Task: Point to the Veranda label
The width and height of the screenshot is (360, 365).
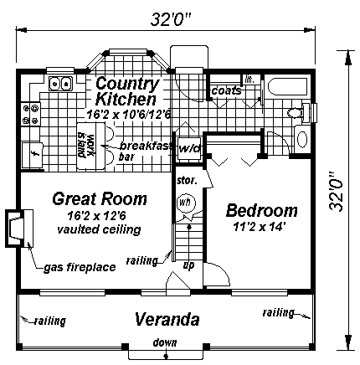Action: point(168,320)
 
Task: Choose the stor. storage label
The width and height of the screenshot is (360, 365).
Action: point(185,179)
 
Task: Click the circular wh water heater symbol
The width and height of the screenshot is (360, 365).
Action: point(187,203)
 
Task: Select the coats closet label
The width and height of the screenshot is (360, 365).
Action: point(226,90)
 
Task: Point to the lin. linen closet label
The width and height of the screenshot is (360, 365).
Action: point(249,80)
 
